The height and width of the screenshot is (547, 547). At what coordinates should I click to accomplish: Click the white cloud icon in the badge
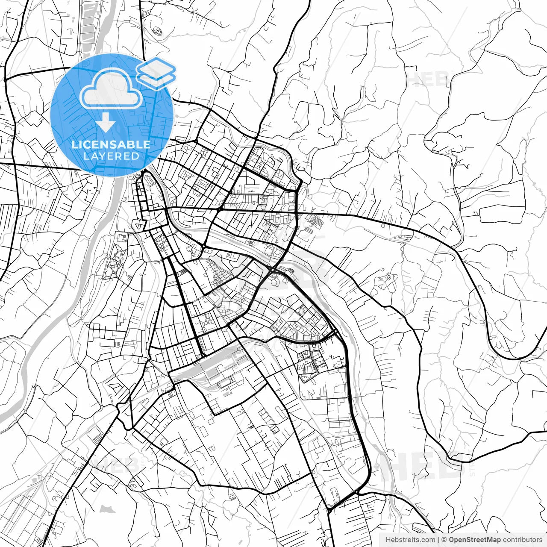tap(111, 89)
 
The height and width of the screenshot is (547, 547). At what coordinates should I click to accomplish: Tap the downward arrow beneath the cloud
tap(106, 124)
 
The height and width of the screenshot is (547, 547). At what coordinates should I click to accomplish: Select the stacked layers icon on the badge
tap(156, 73)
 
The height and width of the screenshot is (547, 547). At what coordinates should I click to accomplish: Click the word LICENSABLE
tap(111, 144)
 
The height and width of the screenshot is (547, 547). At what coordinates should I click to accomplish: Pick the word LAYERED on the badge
tap(111, 156)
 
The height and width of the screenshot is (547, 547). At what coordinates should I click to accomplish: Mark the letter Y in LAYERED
tap(103, 156)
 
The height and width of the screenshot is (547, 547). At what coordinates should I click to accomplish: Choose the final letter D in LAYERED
tap(135, 156)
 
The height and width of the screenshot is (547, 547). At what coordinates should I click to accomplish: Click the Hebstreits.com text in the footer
tap(410, 540)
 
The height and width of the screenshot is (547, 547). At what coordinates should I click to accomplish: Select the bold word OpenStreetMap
tap(475, 540)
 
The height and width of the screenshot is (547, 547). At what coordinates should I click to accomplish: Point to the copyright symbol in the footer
tap(444, 540)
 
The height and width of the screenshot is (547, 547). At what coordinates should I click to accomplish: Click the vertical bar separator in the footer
tap(438, 540)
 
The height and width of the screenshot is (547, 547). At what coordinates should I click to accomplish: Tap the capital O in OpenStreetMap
tap(452, 540)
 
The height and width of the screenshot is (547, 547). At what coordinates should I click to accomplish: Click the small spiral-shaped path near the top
tap(158, 31)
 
